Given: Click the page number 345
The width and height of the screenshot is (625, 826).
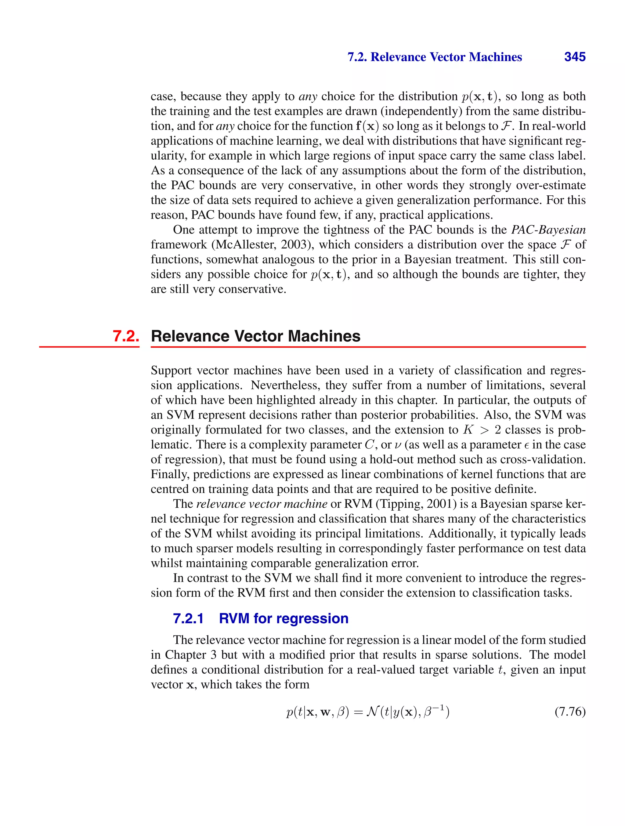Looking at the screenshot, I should click(x=575, y=57).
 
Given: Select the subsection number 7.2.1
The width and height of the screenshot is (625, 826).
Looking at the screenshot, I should click(x=188, y=618).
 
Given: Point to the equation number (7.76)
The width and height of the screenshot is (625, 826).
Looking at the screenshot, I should click(x=570, y=712).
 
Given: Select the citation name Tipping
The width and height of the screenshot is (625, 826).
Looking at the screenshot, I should click(x=401, y=504).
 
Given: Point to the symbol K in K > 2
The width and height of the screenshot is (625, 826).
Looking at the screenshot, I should click(x=468, y=430).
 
